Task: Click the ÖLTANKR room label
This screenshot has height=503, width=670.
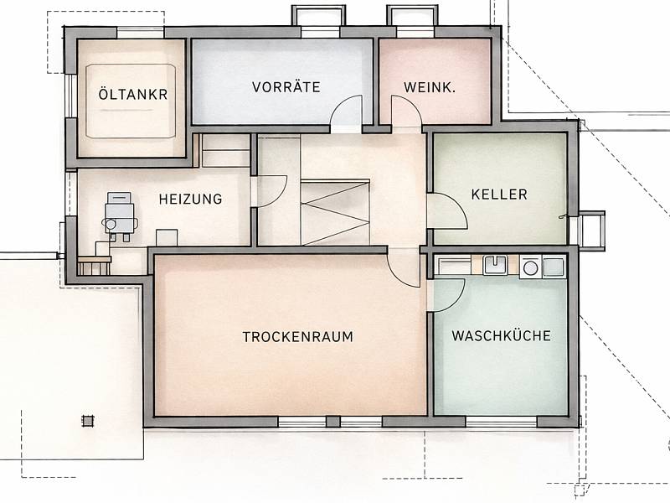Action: (x=133, y=94)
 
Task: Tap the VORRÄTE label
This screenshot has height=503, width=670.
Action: (x=286, y=87)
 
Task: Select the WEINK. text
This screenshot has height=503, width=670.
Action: (x=430, y=88)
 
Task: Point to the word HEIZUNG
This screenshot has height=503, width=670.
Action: (x=191, y=199)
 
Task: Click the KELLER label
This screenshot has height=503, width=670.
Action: (x=499, y=194)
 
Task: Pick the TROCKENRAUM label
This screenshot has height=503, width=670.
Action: (x=298, y=337)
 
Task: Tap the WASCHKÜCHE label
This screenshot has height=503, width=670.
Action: (x=501, y=336)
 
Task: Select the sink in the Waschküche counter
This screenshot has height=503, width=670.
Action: (x=495, y=265)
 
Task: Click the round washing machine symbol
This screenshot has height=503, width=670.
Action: (x=530, y=268)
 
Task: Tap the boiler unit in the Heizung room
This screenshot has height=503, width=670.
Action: (x=120, y=217)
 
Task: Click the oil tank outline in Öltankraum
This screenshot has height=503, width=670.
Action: (x=131, y=101)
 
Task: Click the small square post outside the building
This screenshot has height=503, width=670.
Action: (x=88, y=422)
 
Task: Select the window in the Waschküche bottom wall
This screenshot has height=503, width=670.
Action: (x=501, y=423)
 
